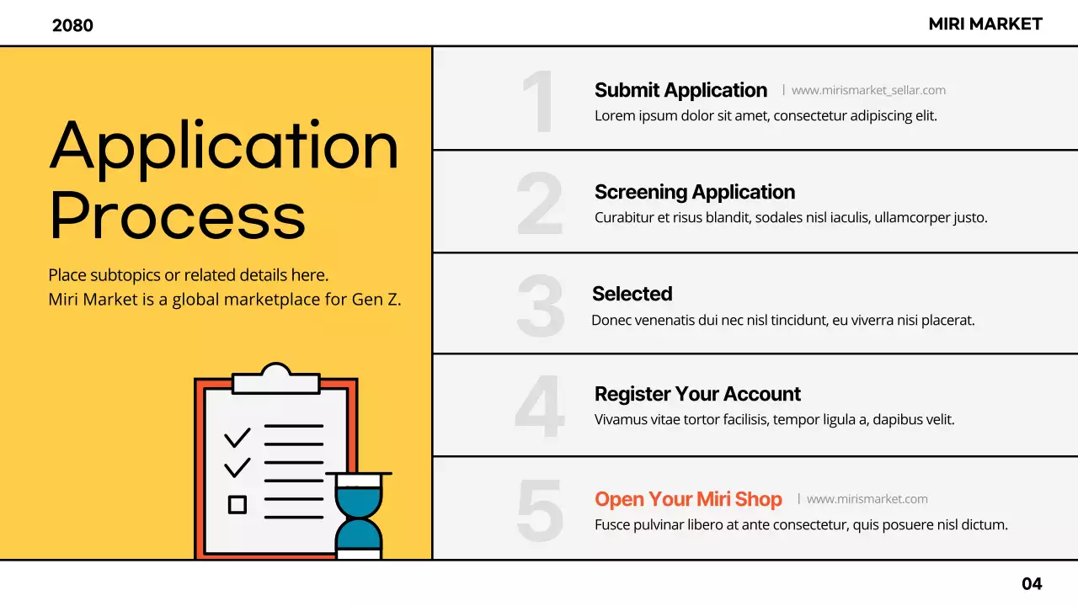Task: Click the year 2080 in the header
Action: [72, 25]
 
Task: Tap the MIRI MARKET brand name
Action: [985, 24]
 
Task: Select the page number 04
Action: [1032, 583]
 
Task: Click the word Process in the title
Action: [177, 215]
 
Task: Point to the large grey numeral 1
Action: [539, 100]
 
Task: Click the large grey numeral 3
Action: [540, 306]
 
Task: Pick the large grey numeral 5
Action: [540, 510]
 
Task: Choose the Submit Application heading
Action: [680, 90]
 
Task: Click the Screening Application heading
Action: [695, 192]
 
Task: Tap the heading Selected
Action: [632, 294]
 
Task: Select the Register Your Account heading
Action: [697, 394]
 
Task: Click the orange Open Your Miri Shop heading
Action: [688, 499]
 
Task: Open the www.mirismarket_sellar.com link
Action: [868, 90]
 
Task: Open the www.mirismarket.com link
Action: [867, 499]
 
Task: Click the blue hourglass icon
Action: [359, 515]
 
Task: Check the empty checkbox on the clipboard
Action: [237, 504]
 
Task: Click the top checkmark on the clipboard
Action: [237, 437]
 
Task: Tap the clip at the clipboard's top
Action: [276, 379]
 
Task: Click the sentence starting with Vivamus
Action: [774, 419]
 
